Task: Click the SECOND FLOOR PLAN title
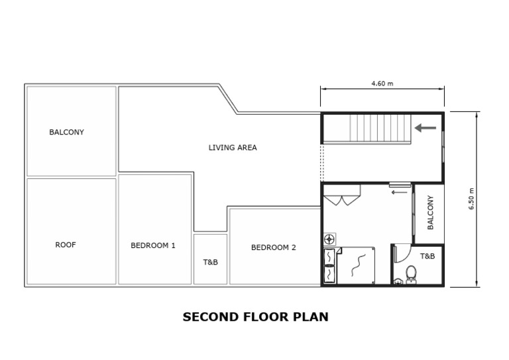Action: (255, 317)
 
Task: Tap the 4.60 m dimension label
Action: (382, 84)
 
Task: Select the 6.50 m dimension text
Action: (472, 200)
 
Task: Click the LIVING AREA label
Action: (233, 148)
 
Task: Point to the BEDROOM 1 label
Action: (153, 245)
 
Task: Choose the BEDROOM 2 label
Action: (273, 247)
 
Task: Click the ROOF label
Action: (66, 245)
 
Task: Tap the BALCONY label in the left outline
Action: (66, 132)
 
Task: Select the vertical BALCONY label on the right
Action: (430, 212)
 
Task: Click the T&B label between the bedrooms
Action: (210, 262)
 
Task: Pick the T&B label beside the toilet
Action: (427, 256)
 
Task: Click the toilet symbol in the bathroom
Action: (411, 272)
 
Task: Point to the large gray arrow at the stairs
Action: (425, 127)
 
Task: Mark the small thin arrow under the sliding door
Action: (399, 193)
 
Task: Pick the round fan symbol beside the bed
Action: (329, 239)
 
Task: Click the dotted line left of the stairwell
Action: (321, 162)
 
